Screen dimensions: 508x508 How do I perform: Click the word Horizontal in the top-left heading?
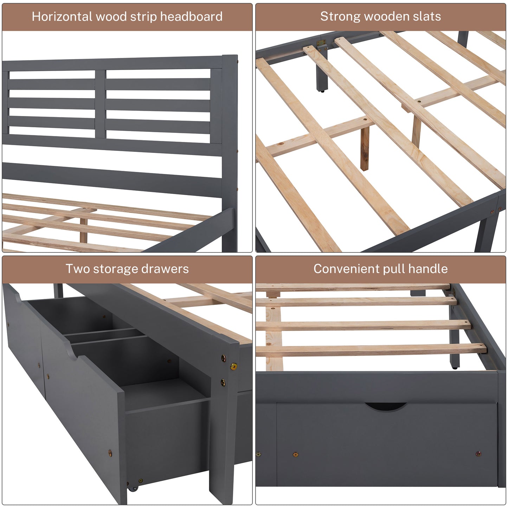click(62, 16)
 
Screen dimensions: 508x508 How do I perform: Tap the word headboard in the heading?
click(191, 16)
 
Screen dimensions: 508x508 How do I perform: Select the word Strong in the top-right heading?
click(340, 17)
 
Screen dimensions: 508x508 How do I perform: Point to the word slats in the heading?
click(427, 16)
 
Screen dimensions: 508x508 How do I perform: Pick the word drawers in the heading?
click(165, 269)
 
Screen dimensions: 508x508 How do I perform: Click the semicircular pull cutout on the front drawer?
click(385, 406)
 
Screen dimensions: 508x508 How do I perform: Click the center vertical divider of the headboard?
click(100, 104)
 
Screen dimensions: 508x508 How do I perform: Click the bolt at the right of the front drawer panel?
click(478, 454)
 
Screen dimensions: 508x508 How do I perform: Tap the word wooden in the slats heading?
click(386, 16)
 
